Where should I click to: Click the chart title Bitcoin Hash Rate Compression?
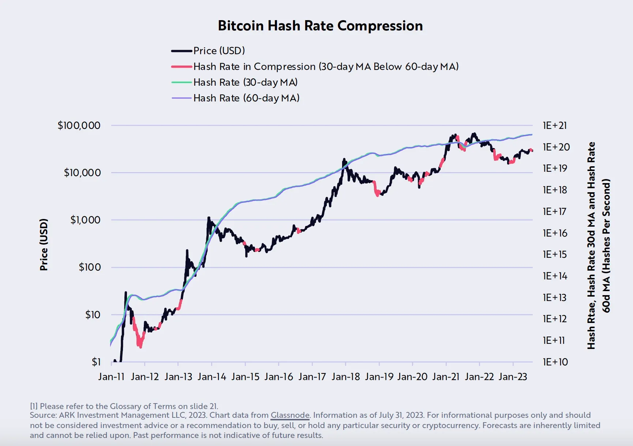pos(320,26)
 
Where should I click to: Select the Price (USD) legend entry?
pos(219,51)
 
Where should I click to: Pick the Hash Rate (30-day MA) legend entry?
pos(245,82)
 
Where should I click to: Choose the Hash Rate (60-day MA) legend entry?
pos(246,98)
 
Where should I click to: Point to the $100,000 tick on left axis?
pos(79,125)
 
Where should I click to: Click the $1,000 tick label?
pos(85,220)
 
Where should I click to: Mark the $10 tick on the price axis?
pos(93,315)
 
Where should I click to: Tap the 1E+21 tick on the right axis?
pos(555,126)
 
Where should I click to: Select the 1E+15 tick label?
pos(555,254)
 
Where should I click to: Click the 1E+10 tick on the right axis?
pos(555,362)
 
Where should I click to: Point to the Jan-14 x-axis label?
pos(211,377)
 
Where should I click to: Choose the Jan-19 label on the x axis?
pos(379,377)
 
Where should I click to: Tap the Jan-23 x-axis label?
pos(513,377)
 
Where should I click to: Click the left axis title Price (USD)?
pos(44,245)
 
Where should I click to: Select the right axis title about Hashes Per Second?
pos(599,245)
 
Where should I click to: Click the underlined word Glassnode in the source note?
pos(290,415)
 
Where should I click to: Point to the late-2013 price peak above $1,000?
pos(209,218)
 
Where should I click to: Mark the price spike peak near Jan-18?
pos(344,159)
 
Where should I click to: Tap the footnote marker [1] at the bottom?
pos(34,406)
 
